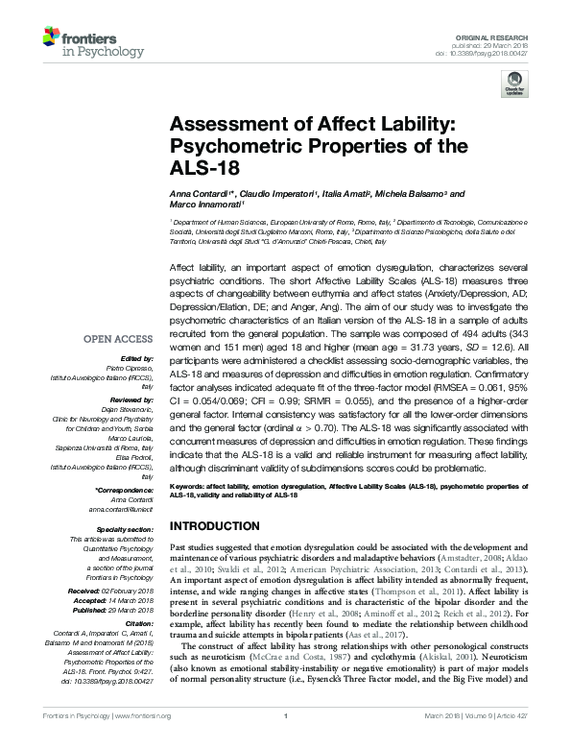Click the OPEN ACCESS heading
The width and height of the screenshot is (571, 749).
(x=118, y=339)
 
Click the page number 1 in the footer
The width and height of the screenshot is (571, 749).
(x=286, y=739)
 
